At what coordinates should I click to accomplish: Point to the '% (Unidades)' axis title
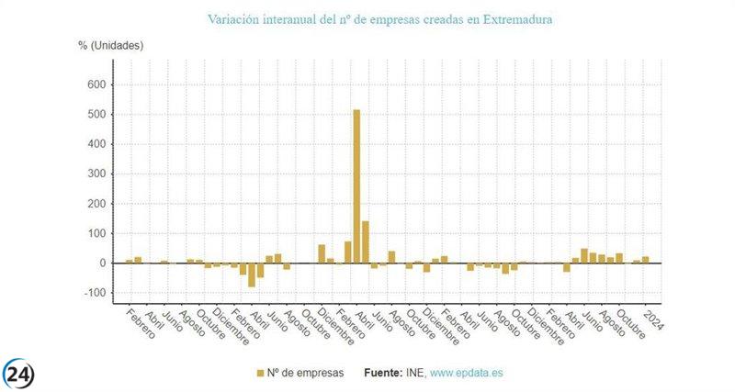point(111,44)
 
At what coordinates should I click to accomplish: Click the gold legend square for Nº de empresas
point(260,373)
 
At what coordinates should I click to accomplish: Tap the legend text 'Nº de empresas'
point(307,373)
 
